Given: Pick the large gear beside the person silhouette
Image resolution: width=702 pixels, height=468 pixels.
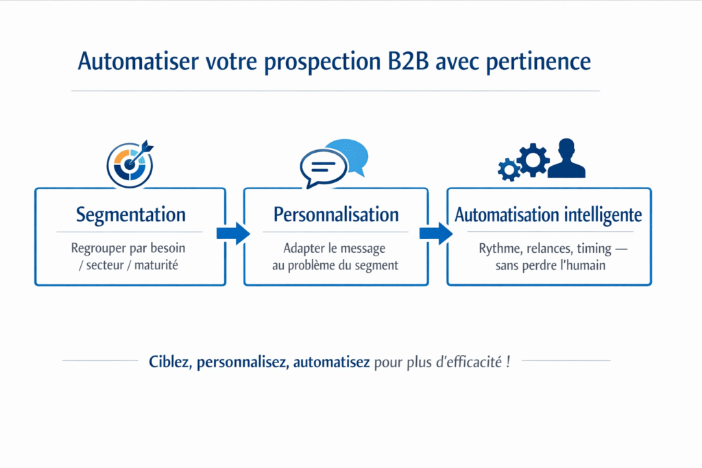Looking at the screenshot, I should coord(533,160).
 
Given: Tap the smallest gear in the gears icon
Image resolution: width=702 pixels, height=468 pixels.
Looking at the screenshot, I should coord(509,169).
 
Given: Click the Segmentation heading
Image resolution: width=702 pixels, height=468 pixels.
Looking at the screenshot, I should coord(130,214).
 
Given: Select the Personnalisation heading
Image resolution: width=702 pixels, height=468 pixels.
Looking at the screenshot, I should coord(336,214).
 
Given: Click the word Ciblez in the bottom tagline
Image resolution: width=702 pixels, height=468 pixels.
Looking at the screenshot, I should coord(169,362).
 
